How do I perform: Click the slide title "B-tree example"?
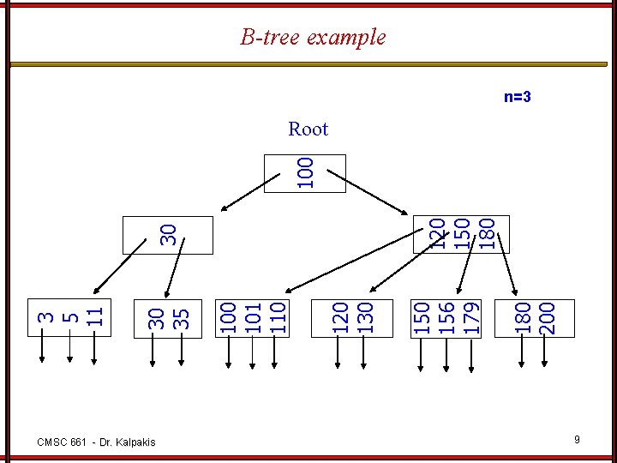point(313,38)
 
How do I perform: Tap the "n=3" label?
point(517,97)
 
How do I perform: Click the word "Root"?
point(308,129)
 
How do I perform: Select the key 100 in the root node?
point(305,171)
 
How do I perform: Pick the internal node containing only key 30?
point(168,234)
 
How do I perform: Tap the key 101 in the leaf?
point(252,316)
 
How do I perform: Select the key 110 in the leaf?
point(276,316)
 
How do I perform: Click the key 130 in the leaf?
point(364,316)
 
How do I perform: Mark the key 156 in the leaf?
point(446,316)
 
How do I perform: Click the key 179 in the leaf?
point(470,316)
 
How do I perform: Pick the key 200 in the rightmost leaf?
point(546,316)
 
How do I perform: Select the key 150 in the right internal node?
point(462,233)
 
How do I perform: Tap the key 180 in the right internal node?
point(486,233)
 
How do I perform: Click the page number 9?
point(578,440)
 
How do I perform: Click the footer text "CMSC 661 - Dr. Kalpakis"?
point(97,442)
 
